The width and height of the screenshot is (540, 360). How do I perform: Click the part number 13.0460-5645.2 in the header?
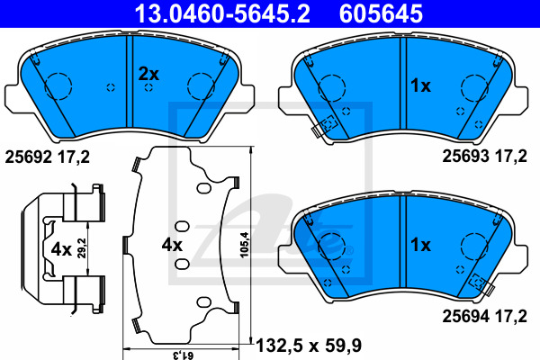click(222, 13)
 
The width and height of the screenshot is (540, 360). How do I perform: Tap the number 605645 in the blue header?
click(381, 13)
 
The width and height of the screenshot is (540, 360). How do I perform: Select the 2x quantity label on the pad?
click(148, 74)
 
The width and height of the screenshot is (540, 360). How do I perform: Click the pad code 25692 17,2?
click(47, 157)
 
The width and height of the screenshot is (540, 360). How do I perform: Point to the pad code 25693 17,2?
click(484, 156)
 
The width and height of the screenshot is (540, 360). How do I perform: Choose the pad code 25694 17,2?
click(484, 316)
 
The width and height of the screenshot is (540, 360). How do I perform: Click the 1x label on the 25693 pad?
click(420, 85)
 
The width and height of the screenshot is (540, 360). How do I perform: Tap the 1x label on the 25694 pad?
click(420, 245)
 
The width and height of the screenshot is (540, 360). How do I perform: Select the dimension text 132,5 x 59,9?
click(309, 346)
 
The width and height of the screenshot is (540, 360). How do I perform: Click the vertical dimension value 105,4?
click(244, 245)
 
